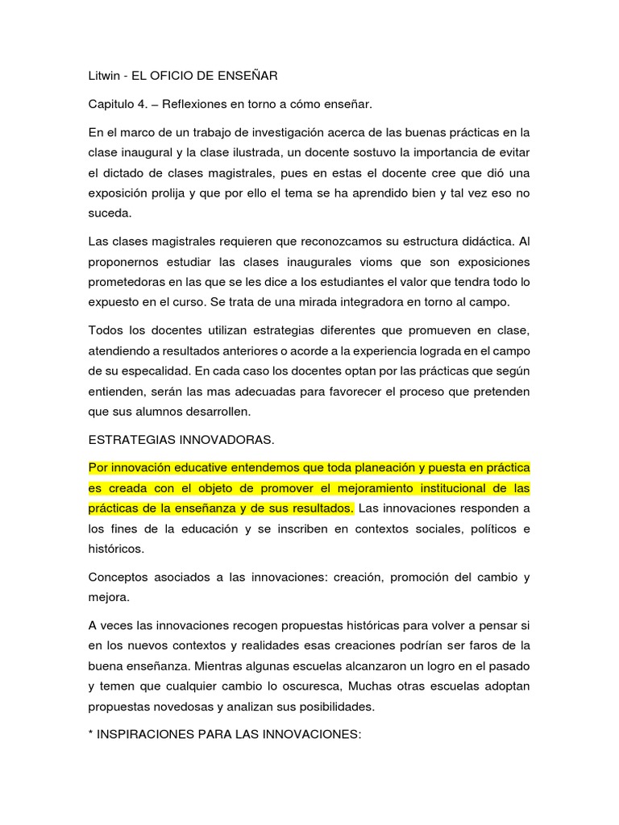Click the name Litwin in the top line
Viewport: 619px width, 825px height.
tap(103, 76)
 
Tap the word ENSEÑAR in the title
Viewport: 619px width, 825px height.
tap(247, 76)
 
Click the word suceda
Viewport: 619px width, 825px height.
tap(107, 214)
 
